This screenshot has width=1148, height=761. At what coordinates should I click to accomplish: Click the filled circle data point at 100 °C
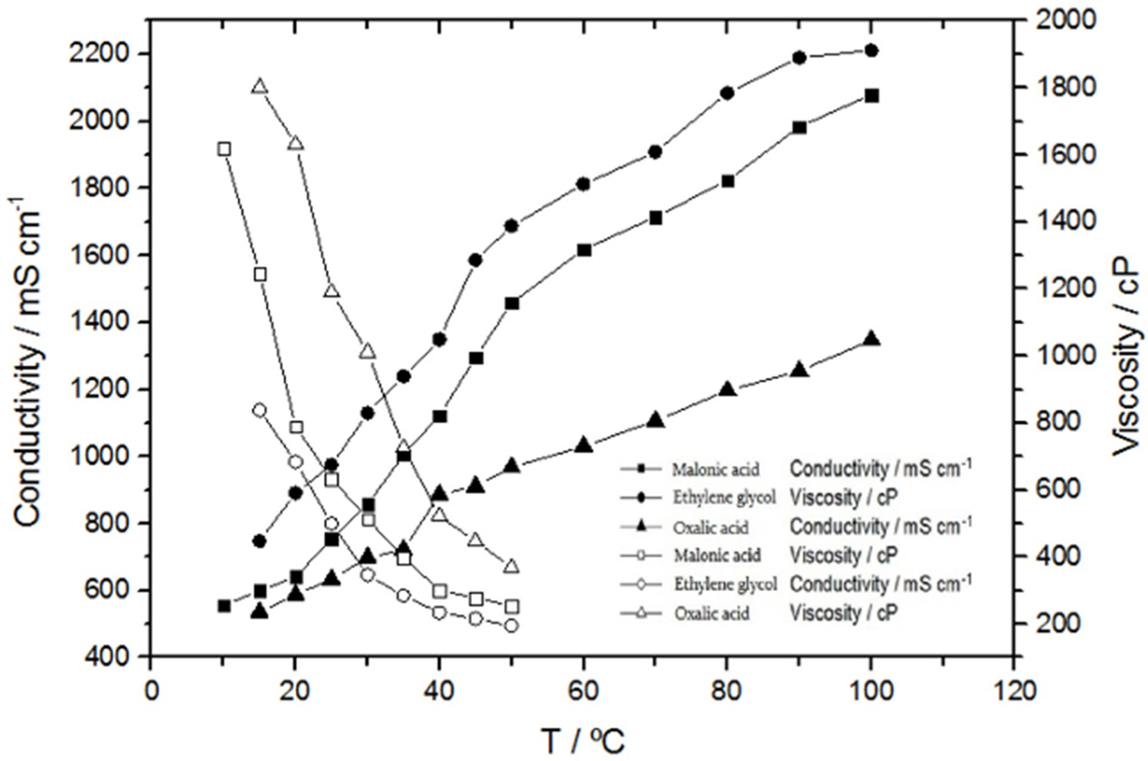pyautogui.click(x=871, y=50)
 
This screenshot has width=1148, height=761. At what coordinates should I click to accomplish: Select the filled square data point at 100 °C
pyautogui.click(x=872, y=96)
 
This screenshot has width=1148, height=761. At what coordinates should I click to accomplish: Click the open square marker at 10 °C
pyautogui.click(x=224, y=149)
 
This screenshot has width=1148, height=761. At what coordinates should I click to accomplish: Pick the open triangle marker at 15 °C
pyautogui.click(x=260, y=87)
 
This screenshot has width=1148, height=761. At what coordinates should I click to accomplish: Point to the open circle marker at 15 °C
pyautogui.click(x=260, y=410)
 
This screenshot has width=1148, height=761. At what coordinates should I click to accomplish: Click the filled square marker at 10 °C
pyautogui.click(x=224, y=606)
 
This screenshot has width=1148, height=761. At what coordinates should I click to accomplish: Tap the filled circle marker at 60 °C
pyautogui.click(x=583, y=184)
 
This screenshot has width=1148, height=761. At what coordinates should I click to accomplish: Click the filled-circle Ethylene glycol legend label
pyautogui.click(x=724, y=498)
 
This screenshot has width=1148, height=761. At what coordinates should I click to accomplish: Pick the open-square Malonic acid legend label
pyautogui.click(x=717, y=555)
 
